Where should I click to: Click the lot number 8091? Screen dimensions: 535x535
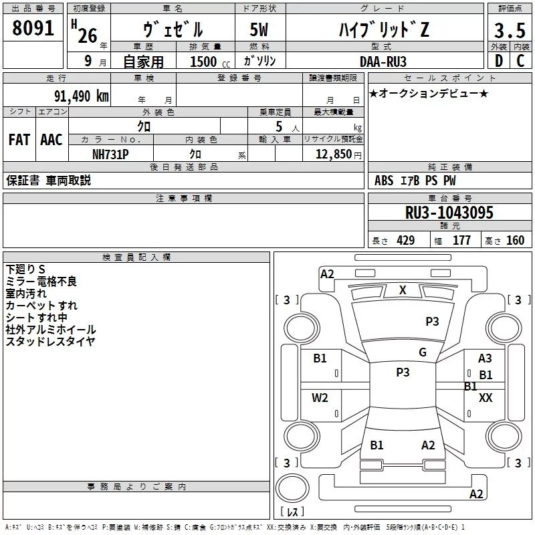[33, 28]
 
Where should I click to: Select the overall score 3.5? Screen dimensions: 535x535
[510, 30]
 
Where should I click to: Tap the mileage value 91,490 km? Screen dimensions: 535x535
[81, 96]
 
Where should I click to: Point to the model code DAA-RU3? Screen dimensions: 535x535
[383, 62]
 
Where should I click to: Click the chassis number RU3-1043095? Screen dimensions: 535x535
[449, 213]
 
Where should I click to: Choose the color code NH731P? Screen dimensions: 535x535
[110, 154]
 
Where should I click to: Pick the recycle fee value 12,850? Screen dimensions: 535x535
[333, 154]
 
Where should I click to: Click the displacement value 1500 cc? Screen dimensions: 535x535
[210, 62]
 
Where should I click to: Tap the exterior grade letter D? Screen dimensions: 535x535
[499, 61]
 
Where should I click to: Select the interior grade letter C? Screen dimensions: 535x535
[520, 61]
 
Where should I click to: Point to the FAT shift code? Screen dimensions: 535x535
[19, 140]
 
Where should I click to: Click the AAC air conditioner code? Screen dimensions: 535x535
[51, 140]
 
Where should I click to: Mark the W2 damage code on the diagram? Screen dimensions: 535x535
[320, 398]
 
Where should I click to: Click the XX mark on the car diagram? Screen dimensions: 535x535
[486, 398]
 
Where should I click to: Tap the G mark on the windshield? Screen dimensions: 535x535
[423, 352]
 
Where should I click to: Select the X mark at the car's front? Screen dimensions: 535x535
[403, 290]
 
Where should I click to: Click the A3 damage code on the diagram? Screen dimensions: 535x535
[485, 358]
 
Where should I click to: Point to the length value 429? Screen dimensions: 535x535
[406, 241]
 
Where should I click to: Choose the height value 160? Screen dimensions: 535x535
[515, 241]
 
